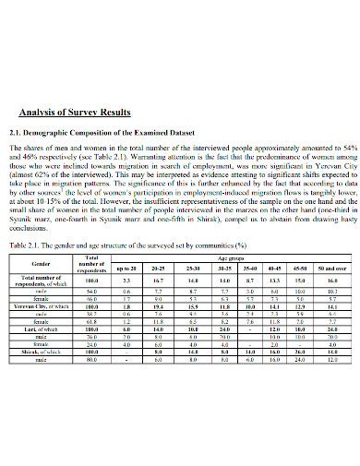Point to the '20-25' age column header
(159, 269)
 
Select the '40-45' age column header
(274, 269)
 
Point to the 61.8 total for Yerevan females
(91, 321)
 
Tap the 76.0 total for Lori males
(91, 337)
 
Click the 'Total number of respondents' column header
(91, 264)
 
